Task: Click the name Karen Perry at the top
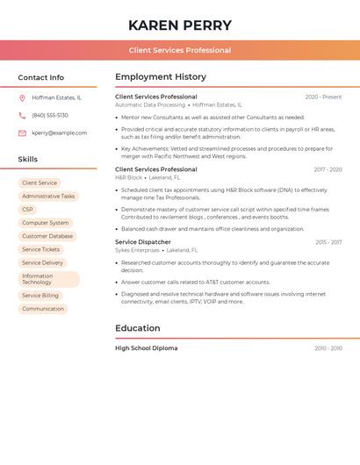tap(180, 25)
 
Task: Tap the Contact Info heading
tap(40, 77)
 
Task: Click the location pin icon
tap(22, 97)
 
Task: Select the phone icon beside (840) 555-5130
tap(22, 115)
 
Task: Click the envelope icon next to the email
tap(22, 133)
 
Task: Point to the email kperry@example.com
tap(60, 133)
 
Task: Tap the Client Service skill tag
tap(40, 183)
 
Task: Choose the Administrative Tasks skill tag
tap(48, 197)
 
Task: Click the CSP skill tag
tap(27, 210)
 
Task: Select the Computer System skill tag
tap(45, 223)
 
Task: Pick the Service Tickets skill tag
tap(40, 249)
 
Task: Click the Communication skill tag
tap(43, 309)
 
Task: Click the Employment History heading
tap(161, 77)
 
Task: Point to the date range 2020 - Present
tap(323, 97)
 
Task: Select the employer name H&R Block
tap(128, 177)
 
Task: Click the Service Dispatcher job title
tap(143, 242)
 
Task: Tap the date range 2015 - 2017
tap(328, 242)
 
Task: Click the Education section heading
tap(138, 328)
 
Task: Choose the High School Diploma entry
tap(146, 348)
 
